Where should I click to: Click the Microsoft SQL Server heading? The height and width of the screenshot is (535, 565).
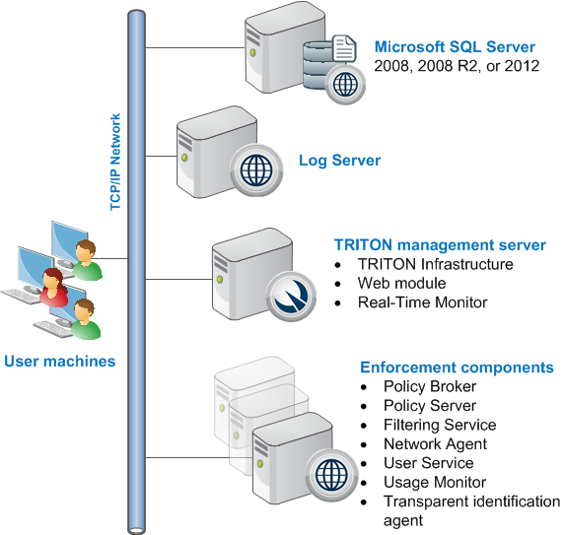tap(455, 47)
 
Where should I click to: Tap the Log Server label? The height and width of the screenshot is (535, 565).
tap(339, 161)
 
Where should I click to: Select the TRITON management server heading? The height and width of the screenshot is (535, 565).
tap(440, 244)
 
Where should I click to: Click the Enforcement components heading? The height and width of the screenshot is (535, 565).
tap(457, 368)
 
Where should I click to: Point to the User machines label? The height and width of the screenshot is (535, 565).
tap(60, 362)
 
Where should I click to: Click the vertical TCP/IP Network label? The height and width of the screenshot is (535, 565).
tap(115, 162)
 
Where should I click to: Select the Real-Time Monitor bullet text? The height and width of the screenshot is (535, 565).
tap(422, 302)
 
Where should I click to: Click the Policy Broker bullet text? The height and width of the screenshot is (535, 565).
tap(430, 386)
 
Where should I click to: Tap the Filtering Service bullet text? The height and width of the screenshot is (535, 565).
tap(440, 425)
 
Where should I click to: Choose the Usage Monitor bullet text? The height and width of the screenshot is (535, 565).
tap(435, 482)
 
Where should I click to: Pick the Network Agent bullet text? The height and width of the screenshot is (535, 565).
tap(435, 444)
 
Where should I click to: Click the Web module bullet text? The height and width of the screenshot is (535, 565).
tap(401, 283)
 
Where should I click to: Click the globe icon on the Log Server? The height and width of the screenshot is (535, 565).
tap(256, 169)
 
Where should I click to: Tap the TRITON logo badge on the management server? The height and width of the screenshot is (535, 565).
tap(291, 297)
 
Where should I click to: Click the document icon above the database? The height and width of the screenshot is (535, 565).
tap(344, 48)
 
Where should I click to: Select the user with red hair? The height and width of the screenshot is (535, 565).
tap(53, 287)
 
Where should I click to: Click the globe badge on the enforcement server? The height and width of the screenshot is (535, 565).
tap(331, 475)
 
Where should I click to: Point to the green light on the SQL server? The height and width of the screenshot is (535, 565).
tap(253, 53)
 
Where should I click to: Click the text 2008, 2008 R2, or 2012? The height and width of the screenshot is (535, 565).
tap(457, 66)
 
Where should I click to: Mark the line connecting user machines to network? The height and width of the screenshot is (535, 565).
tap(110, 258)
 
